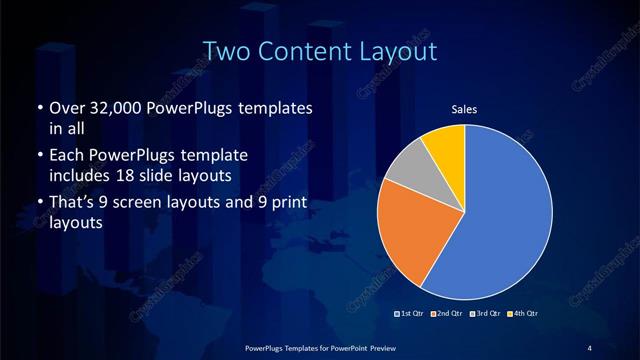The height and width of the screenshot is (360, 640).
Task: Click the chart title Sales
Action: pyautogui.click(x=464, y=109)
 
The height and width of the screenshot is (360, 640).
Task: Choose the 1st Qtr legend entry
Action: pyautogui.click(x=412, y=315)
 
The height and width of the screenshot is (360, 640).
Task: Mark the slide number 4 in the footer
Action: pyautogui.click(x=590, y=346)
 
